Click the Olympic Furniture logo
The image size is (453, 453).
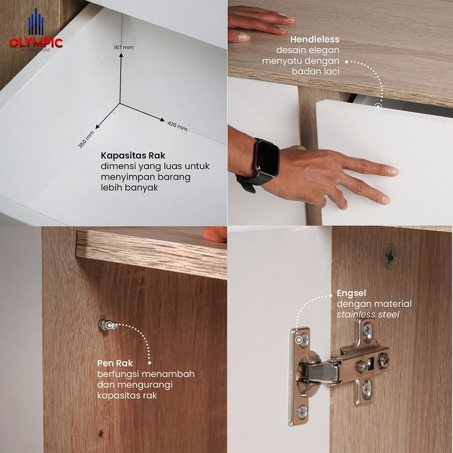click(x=36, y=31)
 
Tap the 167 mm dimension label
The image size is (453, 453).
click(x=124, y=47)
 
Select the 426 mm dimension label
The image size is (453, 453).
click(x=177, y=126)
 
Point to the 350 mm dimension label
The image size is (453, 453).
click(x=86, y=140)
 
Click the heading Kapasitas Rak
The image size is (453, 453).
click(x=133, y=155)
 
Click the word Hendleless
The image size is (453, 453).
click(x=314, y=39)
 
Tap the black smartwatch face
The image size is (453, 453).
click(x=267, y=157)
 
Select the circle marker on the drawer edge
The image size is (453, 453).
click(x=378, y=107)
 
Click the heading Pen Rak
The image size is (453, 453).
click(x=115, y=363)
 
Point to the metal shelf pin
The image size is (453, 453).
click(x=107, y=325)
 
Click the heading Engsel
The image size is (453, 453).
click(x=351, y=293)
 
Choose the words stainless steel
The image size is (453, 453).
click(x=368, y=314)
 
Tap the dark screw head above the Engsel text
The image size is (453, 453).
click(x=390, y=256)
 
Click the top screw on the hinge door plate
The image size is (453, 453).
click(x=303, y=339)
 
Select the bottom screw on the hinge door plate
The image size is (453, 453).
click(x=303, y=411)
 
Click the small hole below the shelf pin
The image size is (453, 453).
click(x=100, y=433)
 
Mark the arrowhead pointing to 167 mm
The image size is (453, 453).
click(x=121, y=56)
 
